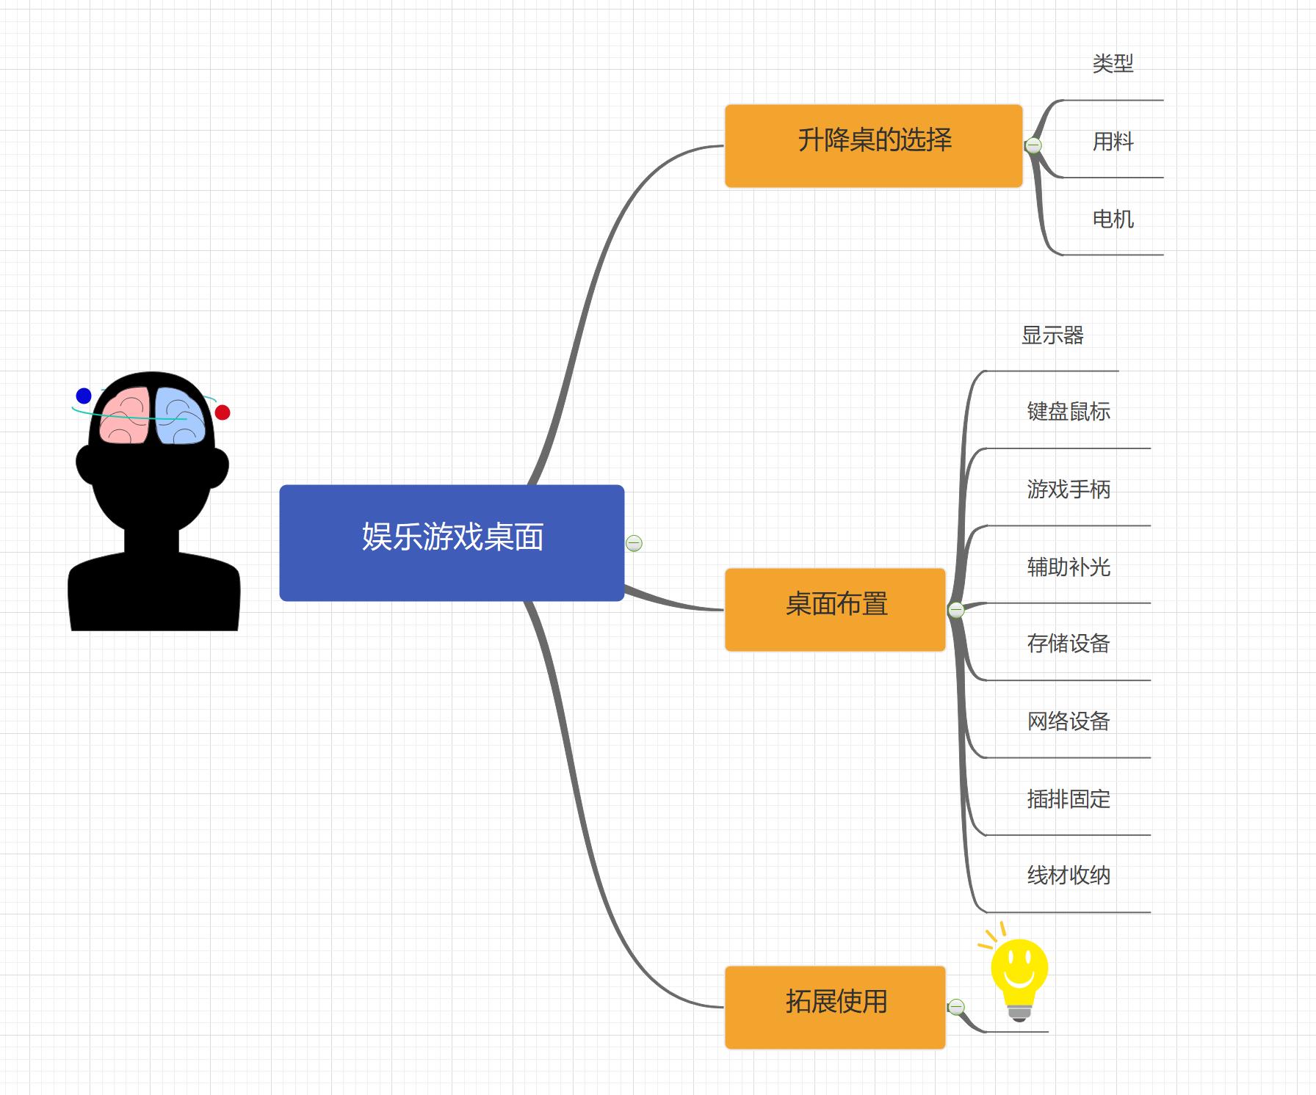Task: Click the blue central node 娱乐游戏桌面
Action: pyautogui.click(x=452, y=542)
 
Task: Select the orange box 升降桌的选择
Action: pyautogui.click(x=873, y=145)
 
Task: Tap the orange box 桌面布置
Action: pyautogui.click(x=835, y=609)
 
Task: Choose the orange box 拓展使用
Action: pyautogui.click(x=835, y=1006)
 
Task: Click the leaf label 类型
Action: pyautogui.click(x=1113, y=64)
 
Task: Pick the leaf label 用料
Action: pyautogui.click(x=1113, y=142)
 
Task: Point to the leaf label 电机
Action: pyautogui.click(x=1113, y=219)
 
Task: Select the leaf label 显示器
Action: pyautogui.click(x=1052, y=335)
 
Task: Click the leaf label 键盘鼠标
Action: pyautogui.click(x=1068, y=412)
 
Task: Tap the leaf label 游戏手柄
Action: pyautogui.click(x=1068, y=489)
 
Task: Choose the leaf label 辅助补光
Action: pyautogui.click(x=1068, y=567)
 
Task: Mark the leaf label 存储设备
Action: pyautogui.click(x=1068, y=644)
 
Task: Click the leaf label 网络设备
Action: pyautogui.click(x=1068, y=721)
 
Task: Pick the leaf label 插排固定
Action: pyautogui.click(x=1068, y=798)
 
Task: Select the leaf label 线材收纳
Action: pyautogui.click(x=1068, y=876)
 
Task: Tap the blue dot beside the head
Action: pyautogui.click(x=84, y=396)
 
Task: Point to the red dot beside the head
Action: pyautogui.click(x=223, y=412)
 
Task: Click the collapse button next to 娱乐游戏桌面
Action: pyautogui.click(x=634, y=543)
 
